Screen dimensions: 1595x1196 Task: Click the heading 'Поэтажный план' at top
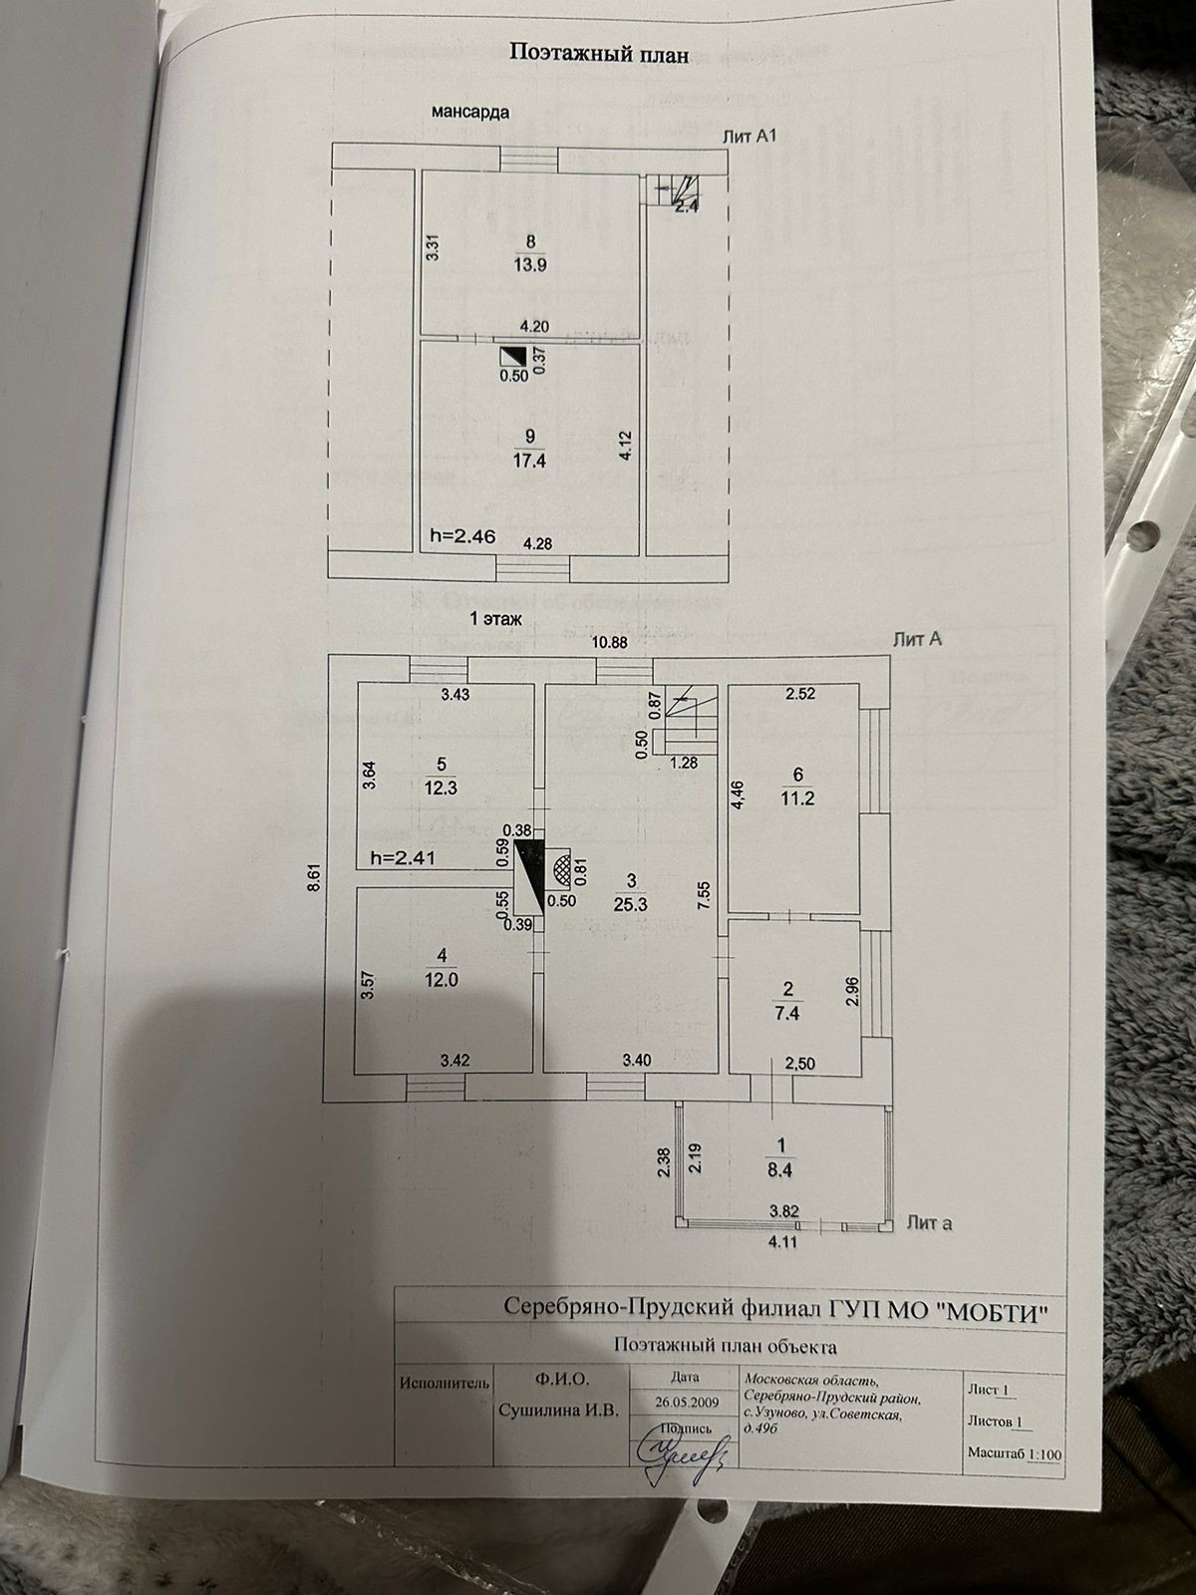(x=599, y=54)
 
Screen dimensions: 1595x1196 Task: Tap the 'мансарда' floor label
(x=469, y=112)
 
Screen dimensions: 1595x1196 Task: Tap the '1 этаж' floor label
(x=495, y=619)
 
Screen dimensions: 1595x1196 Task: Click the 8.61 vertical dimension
(x=314, y=876)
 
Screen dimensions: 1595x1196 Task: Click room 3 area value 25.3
(x=631, y=905)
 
